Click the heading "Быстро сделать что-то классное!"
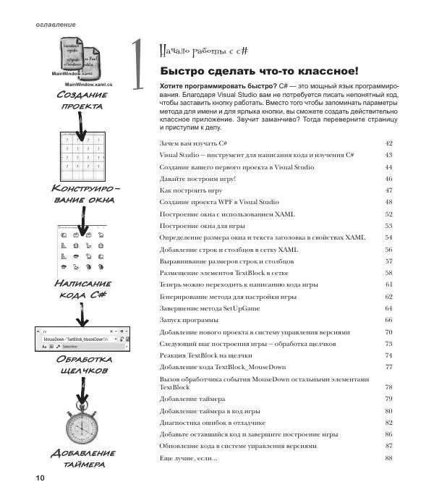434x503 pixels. pos(258,71)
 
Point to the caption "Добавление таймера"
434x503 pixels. pos(82,457)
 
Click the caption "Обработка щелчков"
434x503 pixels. pos(82,364)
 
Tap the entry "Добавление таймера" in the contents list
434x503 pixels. pos(192,399)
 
